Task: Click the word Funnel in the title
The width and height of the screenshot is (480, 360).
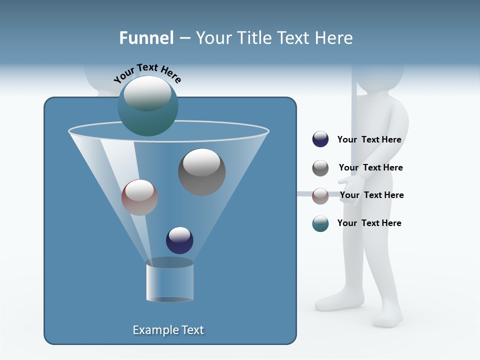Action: [146, 37]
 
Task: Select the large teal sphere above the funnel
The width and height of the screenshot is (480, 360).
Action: [147, 106]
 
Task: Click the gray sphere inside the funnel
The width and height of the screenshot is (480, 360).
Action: [201, 172]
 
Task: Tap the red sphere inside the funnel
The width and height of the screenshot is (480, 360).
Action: [139, 197]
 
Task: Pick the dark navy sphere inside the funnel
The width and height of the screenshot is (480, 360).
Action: [179, 240]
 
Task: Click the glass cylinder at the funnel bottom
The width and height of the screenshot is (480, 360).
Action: [169, 282]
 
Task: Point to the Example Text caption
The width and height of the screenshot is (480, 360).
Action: [168, 330]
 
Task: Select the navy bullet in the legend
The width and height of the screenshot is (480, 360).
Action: [320, 139]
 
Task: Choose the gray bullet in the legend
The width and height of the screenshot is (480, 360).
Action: [320, 168]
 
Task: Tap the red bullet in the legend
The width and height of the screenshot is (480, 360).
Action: [320, 196]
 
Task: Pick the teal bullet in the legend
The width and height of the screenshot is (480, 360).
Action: [320, 223]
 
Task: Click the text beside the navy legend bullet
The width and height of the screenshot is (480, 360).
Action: [369, 139]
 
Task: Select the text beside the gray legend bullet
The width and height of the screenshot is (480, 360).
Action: [370, 167]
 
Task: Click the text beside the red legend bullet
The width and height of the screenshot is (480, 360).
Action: [371, 195]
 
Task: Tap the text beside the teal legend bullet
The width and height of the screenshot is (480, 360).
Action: [369, 223]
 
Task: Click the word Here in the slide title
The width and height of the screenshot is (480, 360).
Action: [334, 37]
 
